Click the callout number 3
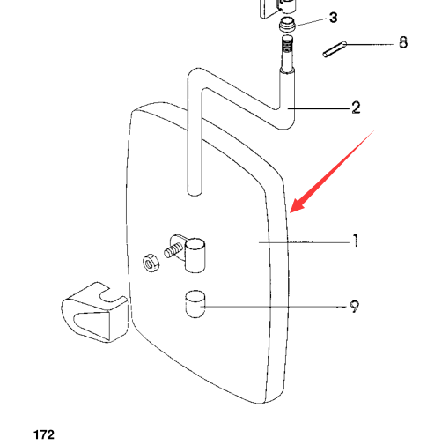(x=334, y=18)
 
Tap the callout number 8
(x=403, y=42)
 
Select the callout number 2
(x=356, y=108)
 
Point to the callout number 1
(x=356, y=241)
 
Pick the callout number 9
(x=355, y=307)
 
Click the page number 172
(x=44, y=434)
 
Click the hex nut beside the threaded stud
(x=151, y=263)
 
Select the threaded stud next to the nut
(x=173, y=250)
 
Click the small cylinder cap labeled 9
(x=195, y=304)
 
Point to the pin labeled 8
(x=335, y=49)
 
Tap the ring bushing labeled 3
(x=287, y=25)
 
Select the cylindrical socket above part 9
(x=195, y=255)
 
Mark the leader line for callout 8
(x=370, y=45)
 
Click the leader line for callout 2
(x=319, y=108)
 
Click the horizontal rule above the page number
(x=228, y=426)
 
